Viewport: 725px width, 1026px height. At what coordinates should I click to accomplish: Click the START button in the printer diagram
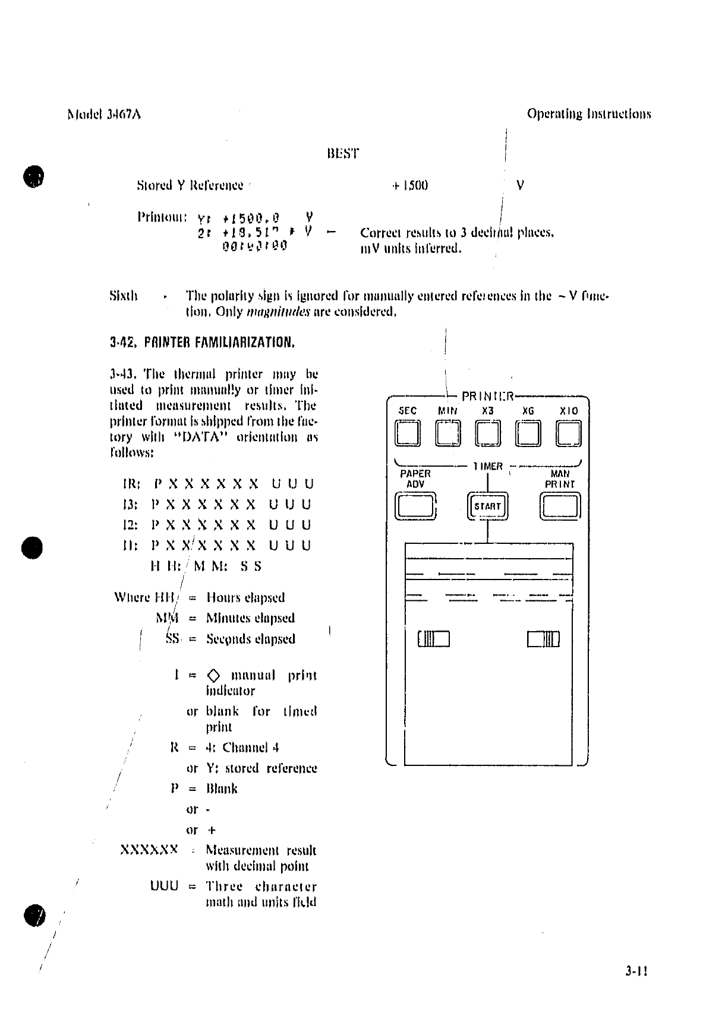coord(487,506)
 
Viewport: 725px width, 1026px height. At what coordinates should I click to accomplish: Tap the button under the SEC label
coord(408,433)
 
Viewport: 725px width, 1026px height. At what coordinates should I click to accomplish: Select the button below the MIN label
coord(447,433)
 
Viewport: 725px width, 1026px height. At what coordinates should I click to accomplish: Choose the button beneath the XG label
coord(528,433)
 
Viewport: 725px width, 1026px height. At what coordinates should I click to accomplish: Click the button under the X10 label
coord(568,433)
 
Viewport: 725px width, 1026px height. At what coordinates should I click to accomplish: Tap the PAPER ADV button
coord(415,506)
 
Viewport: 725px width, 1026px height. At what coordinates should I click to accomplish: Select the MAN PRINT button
coord(560,506)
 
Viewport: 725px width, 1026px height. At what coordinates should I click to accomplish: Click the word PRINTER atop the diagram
coord(487,395)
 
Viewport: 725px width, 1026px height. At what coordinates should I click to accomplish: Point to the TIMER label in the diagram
coord(488,467)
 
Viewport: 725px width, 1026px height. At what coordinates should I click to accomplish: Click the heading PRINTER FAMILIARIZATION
coord(203,343)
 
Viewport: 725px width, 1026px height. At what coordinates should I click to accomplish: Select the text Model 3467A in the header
coord(104,114)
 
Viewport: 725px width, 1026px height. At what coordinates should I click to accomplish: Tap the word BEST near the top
coord(343,154)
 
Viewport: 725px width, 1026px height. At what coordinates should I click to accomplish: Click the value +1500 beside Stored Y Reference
coord(409,185)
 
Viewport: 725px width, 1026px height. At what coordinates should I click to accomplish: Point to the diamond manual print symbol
coord(214,676)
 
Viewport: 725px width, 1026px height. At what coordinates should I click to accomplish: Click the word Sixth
coord(124,296)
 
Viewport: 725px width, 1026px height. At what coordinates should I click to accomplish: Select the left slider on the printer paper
coord(434,639)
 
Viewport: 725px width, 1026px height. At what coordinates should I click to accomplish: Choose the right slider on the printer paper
coord(543,639)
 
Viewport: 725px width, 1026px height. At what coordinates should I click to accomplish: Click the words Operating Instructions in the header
coord(588,114)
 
